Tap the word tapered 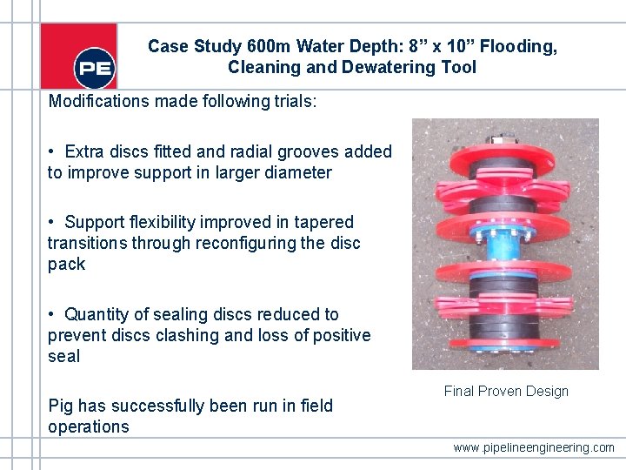[x=323, y=222]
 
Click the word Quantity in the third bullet [x=98, y=314]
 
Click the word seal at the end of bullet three [x=63, y=356]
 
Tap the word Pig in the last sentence [x=60, y=406]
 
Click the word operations [x=88, y=426]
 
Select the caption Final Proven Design [x=506, y=392]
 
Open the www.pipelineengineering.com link [x=533, y=447]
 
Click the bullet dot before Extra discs [x=53, y=152]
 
